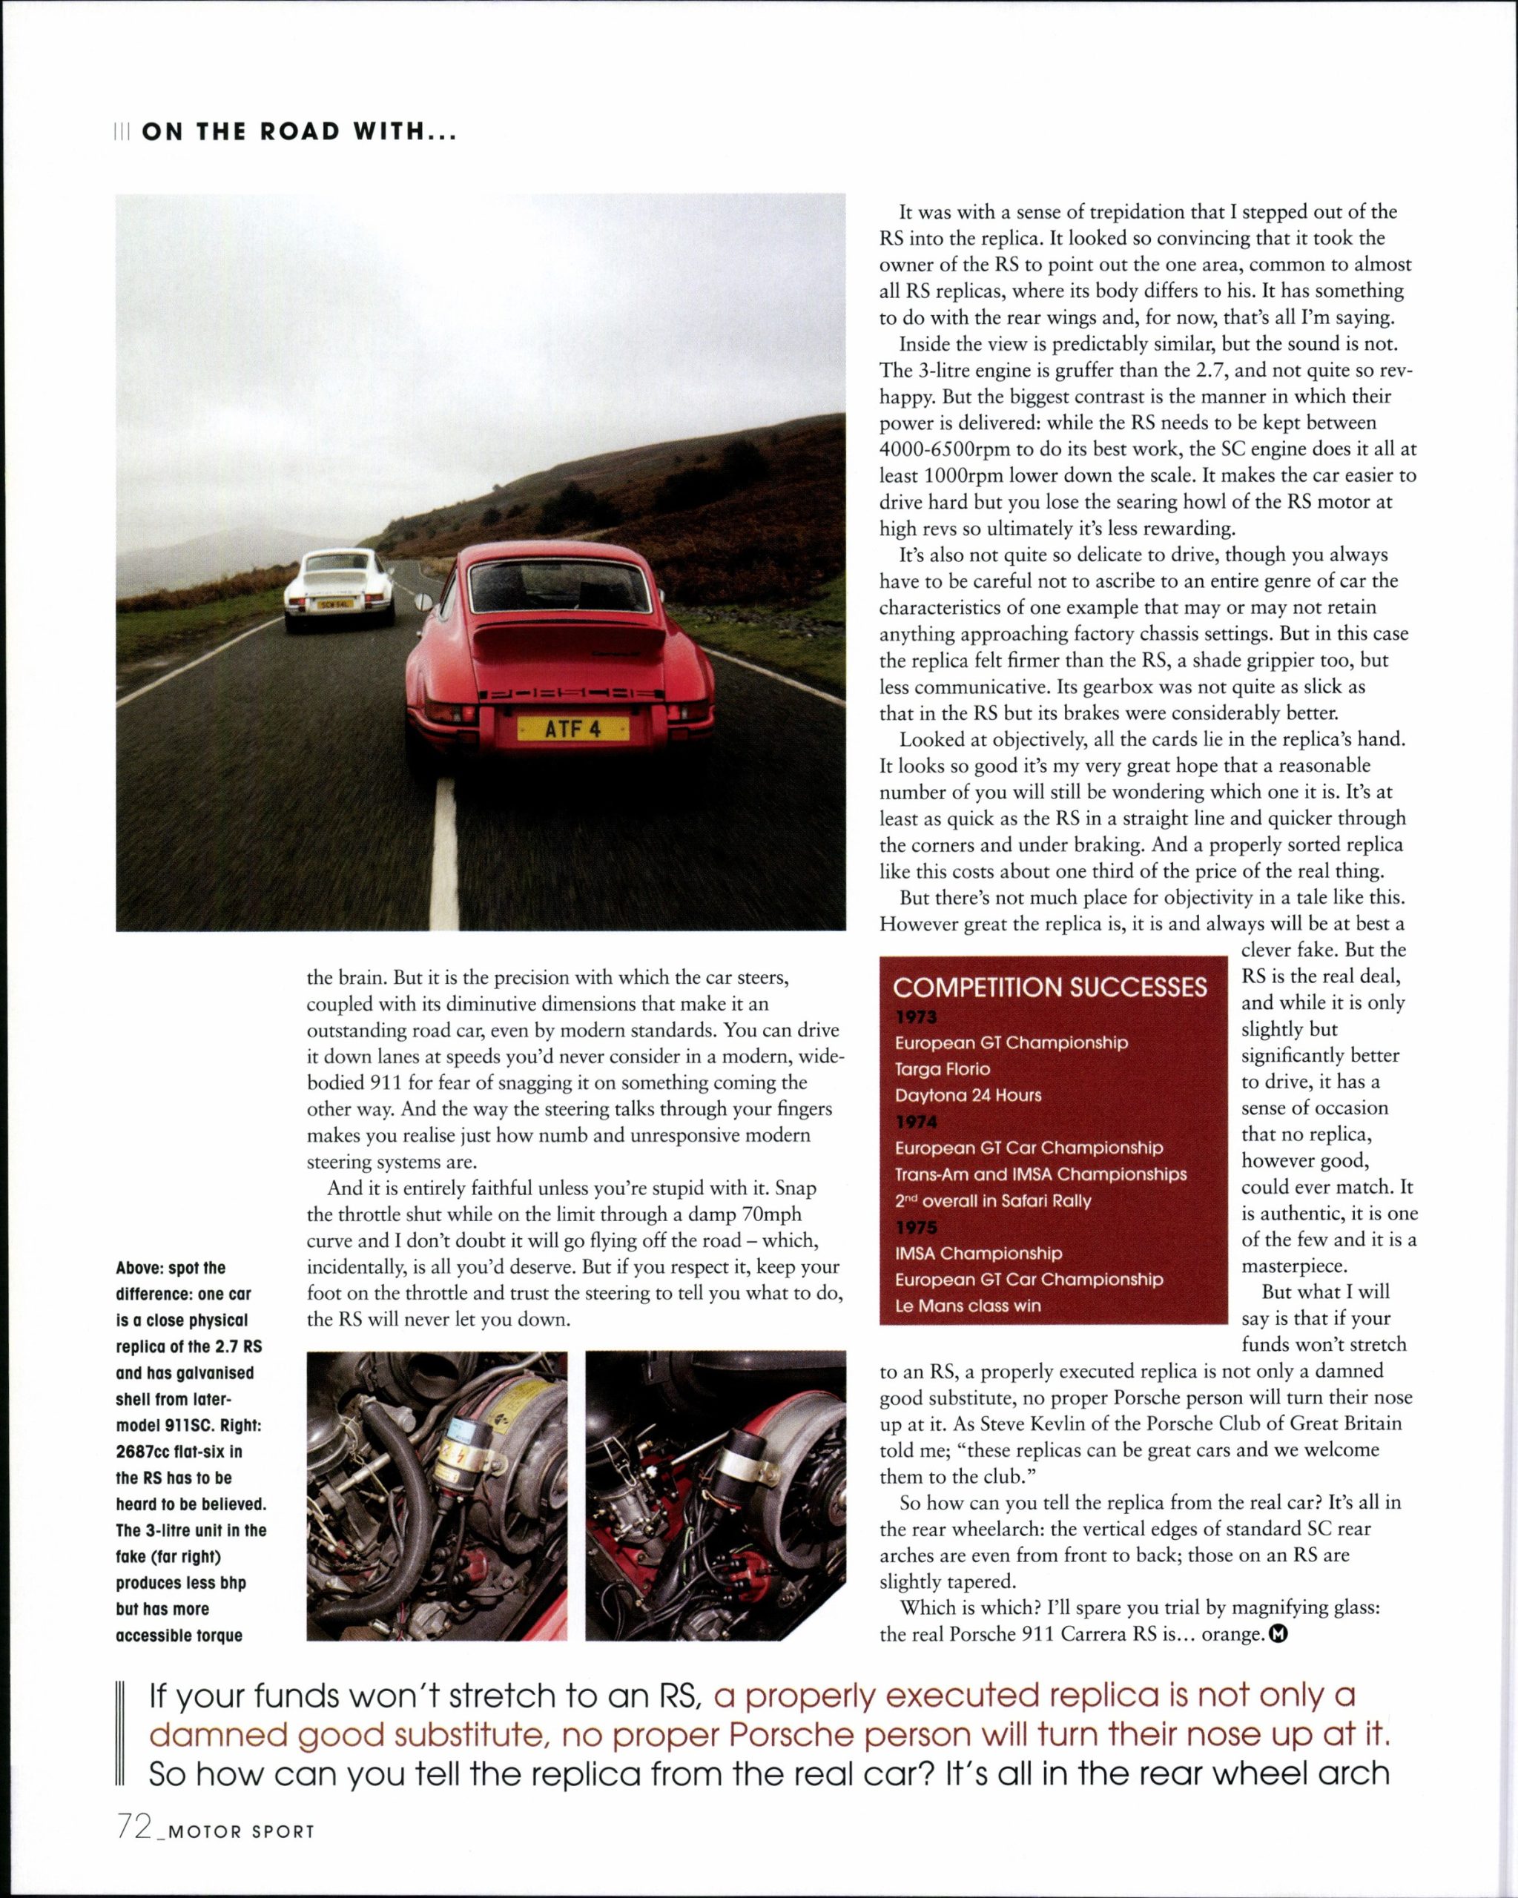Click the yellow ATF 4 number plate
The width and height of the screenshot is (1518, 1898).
pos(572,729)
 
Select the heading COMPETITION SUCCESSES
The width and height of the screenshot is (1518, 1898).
pos(1049,987)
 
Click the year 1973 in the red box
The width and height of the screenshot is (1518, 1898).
pos(916,1016)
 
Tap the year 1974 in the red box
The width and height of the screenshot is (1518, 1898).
pos(916,1122)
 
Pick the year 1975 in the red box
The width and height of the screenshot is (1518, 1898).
pos(916,1227)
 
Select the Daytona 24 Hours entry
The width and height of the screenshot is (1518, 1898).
pos(968,1095)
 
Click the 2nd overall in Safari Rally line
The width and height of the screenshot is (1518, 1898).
pos(992,1201)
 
